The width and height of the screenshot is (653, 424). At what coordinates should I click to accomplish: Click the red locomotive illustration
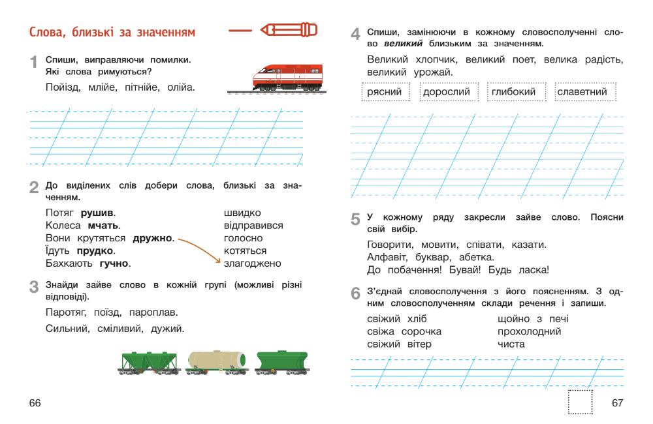point(287,76)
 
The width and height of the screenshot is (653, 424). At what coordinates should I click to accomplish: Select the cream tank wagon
point(216,360)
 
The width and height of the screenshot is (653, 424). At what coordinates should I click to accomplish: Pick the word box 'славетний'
point(581,92)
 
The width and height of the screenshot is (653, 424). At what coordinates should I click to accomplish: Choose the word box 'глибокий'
point(515,92)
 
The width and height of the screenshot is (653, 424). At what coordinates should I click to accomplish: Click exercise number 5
point(355,220)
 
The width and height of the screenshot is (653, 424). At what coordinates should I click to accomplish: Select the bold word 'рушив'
point(97,213)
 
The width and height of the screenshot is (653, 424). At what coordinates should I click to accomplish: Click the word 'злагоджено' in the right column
point(252,264)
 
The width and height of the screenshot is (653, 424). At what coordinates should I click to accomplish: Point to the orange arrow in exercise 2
point(199,248)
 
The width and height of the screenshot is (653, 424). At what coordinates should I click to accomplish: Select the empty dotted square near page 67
point(580,402)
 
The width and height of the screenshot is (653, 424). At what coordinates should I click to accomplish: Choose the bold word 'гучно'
point(115,264)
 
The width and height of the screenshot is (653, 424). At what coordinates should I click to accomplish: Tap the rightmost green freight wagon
point(282,361)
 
